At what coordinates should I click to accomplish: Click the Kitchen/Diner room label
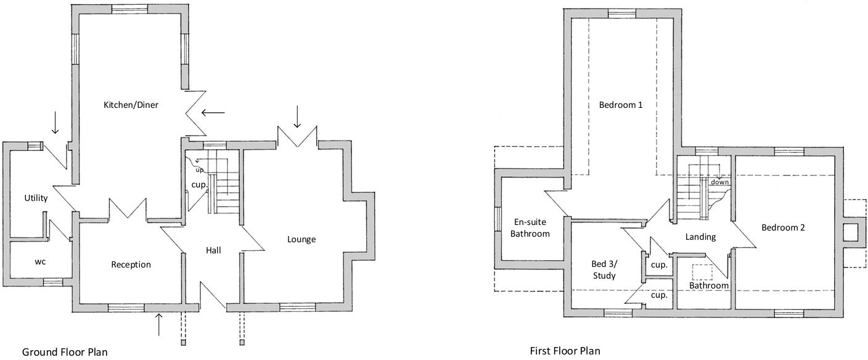pyautogui.click(x=131, y=105)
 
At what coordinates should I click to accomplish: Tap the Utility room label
pyautogui.click(x=36, y=198)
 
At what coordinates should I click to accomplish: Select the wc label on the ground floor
pyautogui.click(x=40, y=261)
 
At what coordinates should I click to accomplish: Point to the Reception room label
pyautogui.click(x=131, y=264)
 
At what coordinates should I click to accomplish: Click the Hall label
pyautogui.click(x=213, y=250)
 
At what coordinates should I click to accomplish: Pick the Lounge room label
pyautogui.click(x=301, y=239)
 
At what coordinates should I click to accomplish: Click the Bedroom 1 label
pyautogui.click(x=621, y=105)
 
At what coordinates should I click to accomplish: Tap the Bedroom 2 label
pyautogui.click(x=783, y=227)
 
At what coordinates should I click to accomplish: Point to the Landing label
pyautogui.click(x=700, y=237)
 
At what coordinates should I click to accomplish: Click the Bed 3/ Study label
pyautogui.click(x=604, y=270)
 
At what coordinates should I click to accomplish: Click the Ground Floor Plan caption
pyautogui.click(x=65, y=352)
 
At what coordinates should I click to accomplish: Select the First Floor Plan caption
pyautogui.click(x=565, y=351)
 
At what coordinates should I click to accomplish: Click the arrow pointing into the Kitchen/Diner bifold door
pyautogui.click(x=213, y=113)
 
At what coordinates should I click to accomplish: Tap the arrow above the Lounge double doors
pyautogui.click(x=297, y=117)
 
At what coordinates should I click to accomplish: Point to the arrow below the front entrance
pyautogui.click(x=159, y=324)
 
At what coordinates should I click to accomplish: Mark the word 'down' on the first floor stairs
pyautogui.click(x=719, y=182)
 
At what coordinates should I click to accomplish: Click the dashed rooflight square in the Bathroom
pyautogui.click(x=702, y=272)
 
